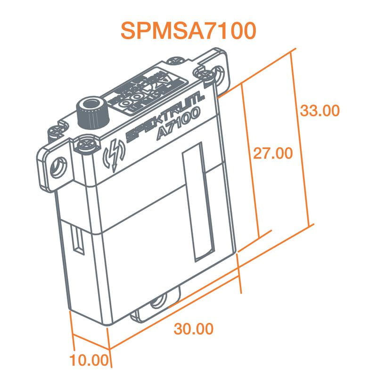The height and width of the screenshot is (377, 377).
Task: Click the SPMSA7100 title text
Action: pos(188,30)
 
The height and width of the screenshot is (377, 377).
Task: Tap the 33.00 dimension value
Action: pos(320,111)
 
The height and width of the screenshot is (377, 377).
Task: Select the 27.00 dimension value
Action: pos(273,154)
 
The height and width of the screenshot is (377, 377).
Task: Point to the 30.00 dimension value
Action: pos(193,329)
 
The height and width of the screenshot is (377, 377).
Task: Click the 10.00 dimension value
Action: pos(89,361)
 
